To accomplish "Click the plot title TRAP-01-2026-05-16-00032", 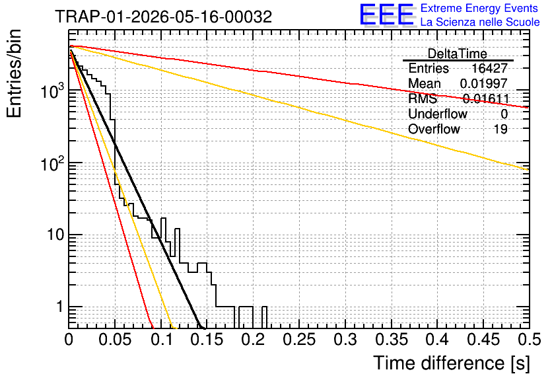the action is [x=163, y=17].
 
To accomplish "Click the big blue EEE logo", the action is [x=387, y=15].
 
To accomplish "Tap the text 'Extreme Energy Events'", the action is [x=479, y=8].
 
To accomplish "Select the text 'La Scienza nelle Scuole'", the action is [x=480, y=22].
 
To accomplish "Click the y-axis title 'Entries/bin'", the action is [x=15, y=73].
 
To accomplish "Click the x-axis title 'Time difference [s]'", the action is [x=452, y=363].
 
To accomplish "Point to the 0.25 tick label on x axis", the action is [x=300, y=340].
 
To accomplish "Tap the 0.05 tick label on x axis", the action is [x=115, y=340].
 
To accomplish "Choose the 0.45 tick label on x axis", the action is [x=484, y=340].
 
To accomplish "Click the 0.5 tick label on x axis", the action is [x=529, y=340].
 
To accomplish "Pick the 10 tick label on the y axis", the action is [x=56, y=235].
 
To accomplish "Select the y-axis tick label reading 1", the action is [x=59, y=307].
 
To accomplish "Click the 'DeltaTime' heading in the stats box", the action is [x=458, y=54].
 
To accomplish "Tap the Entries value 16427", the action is [x=489, y=68].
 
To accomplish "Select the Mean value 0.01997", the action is [x=484, y=83].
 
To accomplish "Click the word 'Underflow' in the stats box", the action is [x=438, y=114].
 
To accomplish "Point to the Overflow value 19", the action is [x=500, y=129].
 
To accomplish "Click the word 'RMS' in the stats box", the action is [x=423, y=98].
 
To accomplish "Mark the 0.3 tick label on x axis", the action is [x=345, y=340].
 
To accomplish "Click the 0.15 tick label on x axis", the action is [x=207, y=340].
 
